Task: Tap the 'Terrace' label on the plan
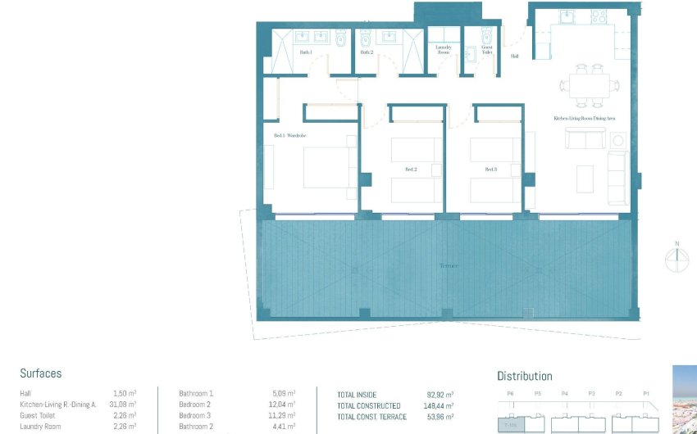pyautogui.click(x=448, y=266)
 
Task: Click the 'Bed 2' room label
pyautogui.click(x=411, y=170)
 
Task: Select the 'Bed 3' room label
pyautogui.click(x=490, y=170)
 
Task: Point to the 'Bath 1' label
pyautogui.click(x=306, y=52)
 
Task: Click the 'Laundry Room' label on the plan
pyautogui.click(x=444, y=50)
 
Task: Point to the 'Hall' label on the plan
pyautogui.click(x=514, y=57)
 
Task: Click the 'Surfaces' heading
pyautogui.click(x=41, y=373)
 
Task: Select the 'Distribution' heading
pyautogui.click(x=524, y=377)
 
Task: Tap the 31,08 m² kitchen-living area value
pyautogui.click(x=122, y=405)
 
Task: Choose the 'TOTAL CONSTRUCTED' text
pyautogui.click(x=369, y=406)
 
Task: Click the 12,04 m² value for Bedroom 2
pyautogui.click(x=281, y=405)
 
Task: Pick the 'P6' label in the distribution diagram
pyautogui.click(x=510, y=394)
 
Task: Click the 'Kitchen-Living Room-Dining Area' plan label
pyautogui.click(x=585, y=120)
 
